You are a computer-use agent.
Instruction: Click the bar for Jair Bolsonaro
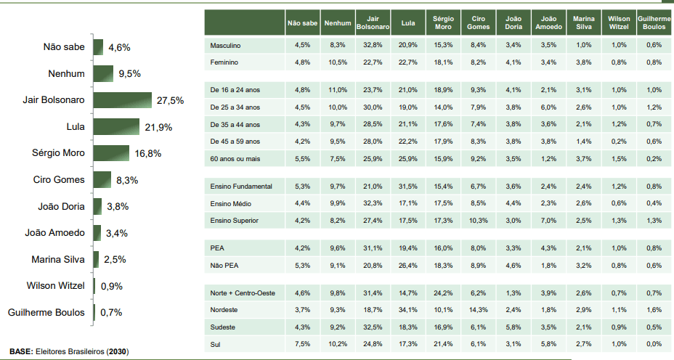tap(122, 100)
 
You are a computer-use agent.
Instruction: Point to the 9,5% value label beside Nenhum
tap(129, 74)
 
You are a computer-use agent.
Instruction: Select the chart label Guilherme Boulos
tap(46, 313)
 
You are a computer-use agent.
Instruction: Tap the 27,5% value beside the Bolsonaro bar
tap(170, 100)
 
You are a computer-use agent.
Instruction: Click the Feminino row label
tap(224, 62)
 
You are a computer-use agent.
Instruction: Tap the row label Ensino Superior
tap(235, 220)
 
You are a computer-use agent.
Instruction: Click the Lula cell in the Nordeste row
tap(407, 310)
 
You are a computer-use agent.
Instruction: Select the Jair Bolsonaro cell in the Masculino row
tap(373, 45)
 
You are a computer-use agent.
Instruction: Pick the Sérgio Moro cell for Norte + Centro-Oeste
tap(442, 292)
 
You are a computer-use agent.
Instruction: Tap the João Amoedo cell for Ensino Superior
tap(548, 220)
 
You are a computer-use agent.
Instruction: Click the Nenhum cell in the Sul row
tap(338, 344)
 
